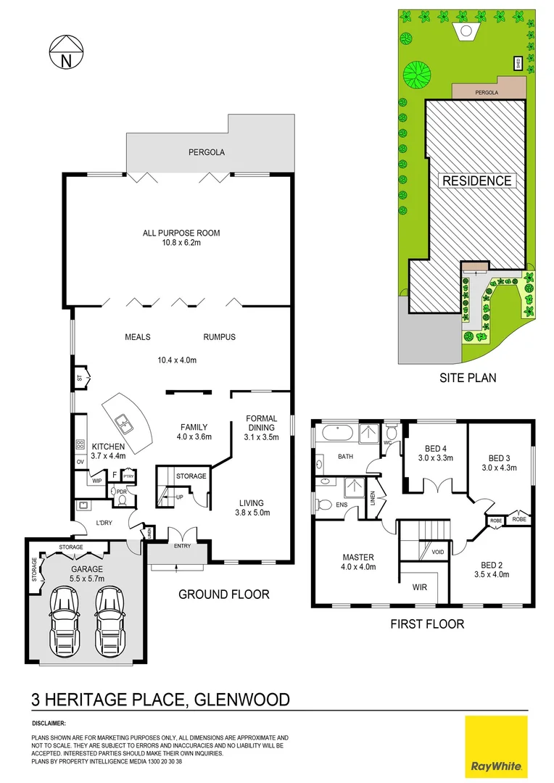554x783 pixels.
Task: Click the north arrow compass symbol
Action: tap(65, 54)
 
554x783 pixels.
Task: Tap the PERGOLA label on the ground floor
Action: tap(207, 153)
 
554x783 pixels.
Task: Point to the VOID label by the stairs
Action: tap(437, 552)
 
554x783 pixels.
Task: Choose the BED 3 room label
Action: tap(500, 462)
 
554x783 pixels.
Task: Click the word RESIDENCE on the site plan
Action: tap(477, 181)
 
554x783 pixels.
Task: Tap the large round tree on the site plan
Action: tap(418, 72)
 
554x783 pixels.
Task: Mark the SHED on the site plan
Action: tap(518, 63)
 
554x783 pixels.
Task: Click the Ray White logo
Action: tap(497, 747)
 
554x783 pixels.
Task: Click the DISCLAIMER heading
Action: tap(49, 723)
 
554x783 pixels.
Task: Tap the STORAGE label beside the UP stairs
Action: tap(191, 476)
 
